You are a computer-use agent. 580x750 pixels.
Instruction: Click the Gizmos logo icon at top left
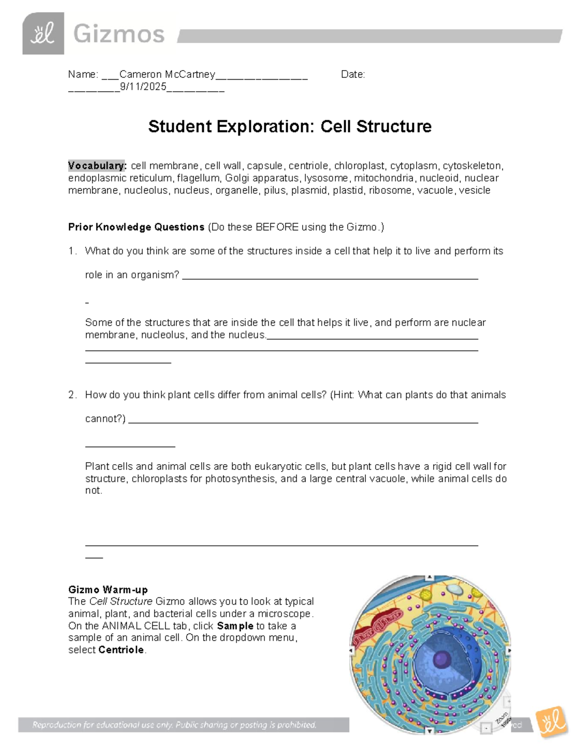43,33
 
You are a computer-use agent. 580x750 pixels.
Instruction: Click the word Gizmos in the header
119,34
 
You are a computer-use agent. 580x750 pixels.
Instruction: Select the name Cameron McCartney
167,74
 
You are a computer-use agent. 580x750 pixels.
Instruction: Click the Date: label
353,74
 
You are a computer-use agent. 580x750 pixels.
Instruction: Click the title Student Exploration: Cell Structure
290,127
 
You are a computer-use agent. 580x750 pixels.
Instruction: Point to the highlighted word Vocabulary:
97,166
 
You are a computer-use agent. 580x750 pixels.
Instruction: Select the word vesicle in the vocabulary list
474,190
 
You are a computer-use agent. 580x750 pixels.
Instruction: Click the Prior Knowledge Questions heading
136,227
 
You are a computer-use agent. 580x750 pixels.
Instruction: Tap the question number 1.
72,251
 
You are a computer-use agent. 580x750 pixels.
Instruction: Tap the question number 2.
72,395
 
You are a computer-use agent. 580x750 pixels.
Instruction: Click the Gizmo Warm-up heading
108,590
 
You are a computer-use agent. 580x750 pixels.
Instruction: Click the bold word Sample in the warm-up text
235,626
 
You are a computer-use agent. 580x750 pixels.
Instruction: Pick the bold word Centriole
121,650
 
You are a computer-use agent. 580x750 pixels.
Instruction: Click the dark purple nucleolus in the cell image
441,658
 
